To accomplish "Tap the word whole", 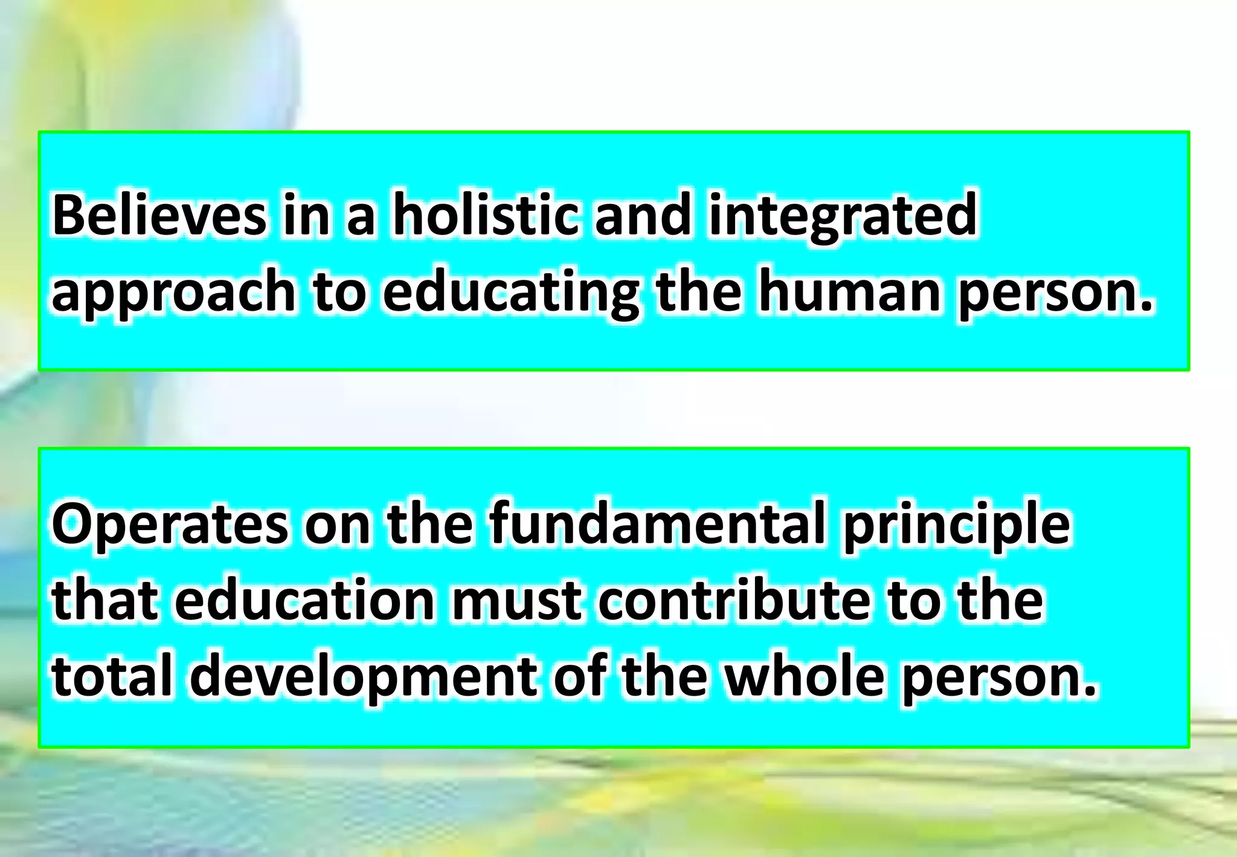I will (x=804, y=676).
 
